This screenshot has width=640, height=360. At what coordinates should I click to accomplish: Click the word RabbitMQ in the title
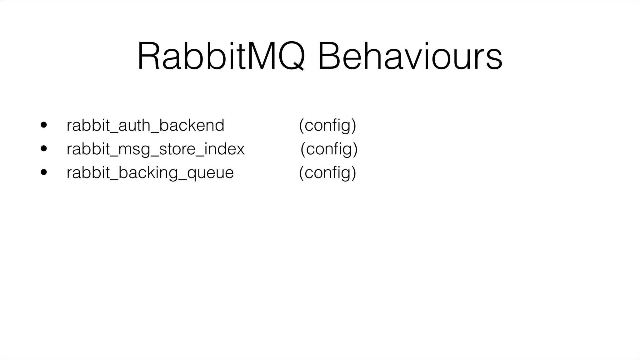(x=221, y=56)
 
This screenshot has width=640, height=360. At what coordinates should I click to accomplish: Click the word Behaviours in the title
(x=410, y=56)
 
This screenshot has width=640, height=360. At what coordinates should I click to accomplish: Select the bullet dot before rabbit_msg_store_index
(x=44, y=149)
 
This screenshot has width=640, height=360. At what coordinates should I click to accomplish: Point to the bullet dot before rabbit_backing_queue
(x=44, y=172)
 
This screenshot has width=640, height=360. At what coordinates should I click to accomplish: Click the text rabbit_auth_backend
(x=145, y=125)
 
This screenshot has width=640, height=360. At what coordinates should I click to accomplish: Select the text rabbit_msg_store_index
(x=155, y=149)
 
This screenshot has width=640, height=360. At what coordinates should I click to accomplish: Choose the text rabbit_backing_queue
(x=150, y=173)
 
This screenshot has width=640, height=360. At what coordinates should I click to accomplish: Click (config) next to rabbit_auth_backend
(x=327, y=125)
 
